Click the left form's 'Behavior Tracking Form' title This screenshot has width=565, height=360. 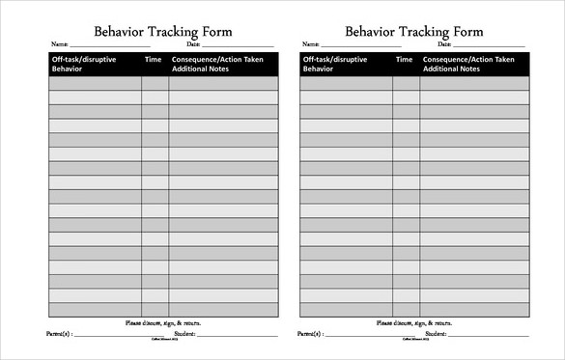[162, 30]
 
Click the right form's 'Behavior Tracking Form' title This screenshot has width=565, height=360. [413, 30]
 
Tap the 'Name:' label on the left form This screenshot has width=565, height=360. [59, 44]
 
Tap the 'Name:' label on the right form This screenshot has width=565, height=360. [310, 44]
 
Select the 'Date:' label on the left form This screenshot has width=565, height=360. [193, 44]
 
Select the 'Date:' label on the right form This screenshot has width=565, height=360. [444, 44]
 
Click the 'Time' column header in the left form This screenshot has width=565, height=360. [153, 60]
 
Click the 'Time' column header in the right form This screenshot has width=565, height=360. [405, 60]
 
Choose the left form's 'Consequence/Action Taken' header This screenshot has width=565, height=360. [219, 60]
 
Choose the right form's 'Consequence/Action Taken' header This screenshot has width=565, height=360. [470, 60]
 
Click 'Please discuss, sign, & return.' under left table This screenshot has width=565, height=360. [163, 322]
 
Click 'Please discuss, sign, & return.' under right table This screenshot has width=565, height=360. [414, 322]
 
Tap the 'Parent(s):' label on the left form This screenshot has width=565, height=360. [59, 334]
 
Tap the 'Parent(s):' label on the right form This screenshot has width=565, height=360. [310, 334]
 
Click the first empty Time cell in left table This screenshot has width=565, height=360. [155, 84]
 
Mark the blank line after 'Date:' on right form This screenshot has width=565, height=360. [490, 45]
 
